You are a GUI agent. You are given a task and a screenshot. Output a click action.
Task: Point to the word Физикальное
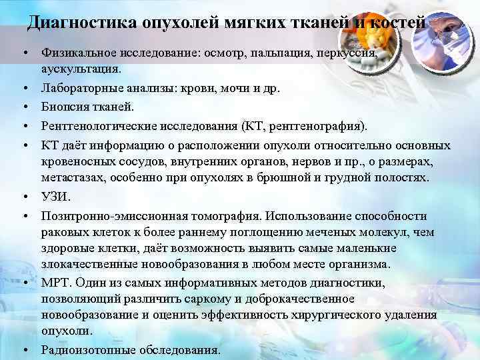(x=75, y=52)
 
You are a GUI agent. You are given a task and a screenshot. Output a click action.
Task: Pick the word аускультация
(x=81, y=69)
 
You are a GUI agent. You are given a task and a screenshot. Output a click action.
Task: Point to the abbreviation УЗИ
(x=54, y=197)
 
